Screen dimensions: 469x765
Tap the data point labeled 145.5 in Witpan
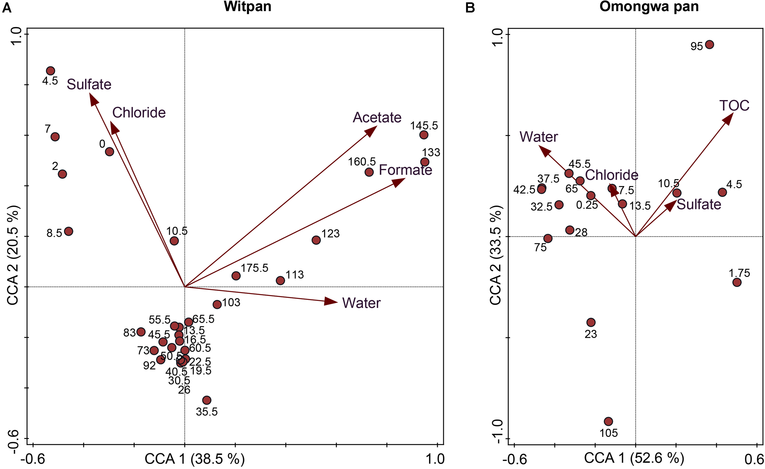pos(424,135)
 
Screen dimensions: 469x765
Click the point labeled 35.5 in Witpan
pos(207,400)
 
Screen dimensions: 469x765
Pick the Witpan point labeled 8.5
pos(69,231)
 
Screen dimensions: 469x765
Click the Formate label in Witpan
pos(405,170)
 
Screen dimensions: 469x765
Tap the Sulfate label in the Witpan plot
pos(89,84)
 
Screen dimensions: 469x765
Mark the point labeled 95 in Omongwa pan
pos(709,45)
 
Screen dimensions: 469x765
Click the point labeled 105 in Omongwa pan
pos(608,422)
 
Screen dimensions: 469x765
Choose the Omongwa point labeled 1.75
pos(737,282)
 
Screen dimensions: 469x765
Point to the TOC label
pos(734,106)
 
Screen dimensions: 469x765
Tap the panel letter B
pos(470,7)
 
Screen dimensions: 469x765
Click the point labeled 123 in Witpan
pos(316,240)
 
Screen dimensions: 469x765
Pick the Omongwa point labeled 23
pos(591,322)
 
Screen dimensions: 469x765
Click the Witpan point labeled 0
pos(109,152)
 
